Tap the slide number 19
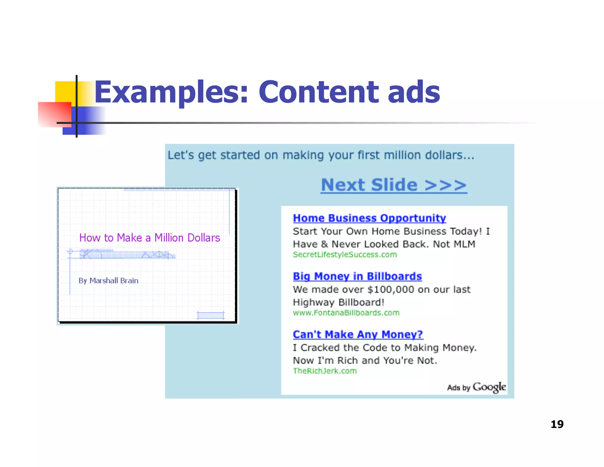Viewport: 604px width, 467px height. [557, 424]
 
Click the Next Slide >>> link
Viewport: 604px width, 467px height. [394, 185]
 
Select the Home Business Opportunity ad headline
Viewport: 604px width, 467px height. [369, 218]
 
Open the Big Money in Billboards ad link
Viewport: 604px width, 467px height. [357, 276]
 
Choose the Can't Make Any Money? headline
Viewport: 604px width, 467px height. [358, 334]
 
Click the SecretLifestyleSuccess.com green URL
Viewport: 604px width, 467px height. [344, 255]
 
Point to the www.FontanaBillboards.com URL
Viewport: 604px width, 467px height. [346, 313]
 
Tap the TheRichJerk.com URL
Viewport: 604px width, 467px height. [325, 371]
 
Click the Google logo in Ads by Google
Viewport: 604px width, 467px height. [489, 387]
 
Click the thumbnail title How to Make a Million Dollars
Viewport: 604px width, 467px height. [150, 238]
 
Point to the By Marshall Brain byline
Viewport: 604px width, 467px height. [108, 281]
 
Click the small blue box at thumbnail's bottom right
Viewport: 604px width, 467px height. [211, 316]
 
